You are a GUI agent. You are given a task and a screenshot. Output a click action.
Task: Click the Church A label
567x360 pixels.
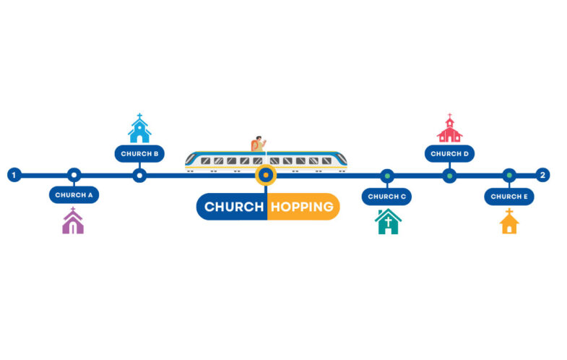pyautogui.click(x=74, y=195)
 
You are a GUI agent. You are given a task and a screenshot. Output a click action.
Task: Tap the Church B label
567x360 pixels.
pyautogui.click(x=139, y=154)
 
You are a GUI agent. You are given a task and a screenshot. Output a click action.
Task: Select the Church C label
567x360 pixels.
pyautogui.click(x=386, y=197)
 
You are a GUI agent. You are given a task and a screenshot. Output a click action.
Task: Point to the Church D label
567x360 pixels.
pyautogui.click(x=449, y=154)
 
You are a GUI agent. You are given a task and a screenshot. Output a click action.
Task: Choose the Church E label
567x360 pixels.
pyautogui.click(x=509, y=197)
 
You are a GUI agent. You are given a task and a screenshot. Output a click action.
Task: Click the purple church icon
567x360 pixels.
pyautogui.click(x=73, y=220)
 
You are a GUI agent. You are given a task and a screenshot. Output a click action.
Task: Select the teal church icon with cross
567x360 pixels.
pyautogui.click(x=388, y=221)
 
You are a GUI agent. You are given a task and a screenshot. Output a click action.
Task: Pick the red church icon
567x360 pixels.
pyautogui.click(x=449, y=128)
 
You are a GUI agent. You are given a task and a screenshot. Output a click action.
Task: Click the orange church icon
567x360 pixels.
pyautogui.click(x=509, y=221)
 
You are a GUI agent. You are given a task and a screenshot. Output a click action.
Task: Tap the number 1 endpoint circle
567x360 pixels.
pyautogui.click(x=14, y=175)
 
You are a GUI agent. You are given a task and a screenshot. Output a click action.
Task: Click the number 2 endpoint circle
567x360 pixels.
pyautogui.click(x=542, y=175)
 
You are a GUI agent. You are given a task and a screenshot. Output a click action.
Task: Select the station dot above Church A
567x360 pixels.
pyautogui.click(x=74, y=175)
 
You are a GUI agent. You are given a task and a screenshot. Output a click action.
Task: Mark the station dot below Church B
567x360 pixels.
pyautogui.click(x=139, y=176)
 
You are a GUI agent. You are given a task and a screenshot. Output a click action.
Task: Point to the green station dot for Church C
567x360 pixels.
pyautogui.click(x=387, y=176)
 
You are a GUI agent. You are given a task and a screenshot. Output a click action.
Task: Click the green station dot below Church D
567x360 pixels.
pyautogui.click(x=449, y=176)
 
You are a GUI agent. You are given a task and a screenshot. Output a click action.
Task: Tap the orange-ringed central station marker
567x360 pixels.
pyautogui.click(x=266, y=175)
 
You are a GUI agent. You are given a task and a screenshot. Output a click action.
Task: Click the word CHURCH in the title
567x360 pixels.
pyautogui.click(x=234, y=207)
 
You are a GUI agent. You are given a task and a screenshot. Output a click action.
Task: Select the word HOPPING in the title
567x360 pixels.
pyautogui.click(x=302, y=207)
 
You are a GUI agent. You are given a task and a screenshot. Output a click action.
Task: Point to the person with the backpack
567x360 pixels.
pyautogui.click(x=258, y=144)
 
